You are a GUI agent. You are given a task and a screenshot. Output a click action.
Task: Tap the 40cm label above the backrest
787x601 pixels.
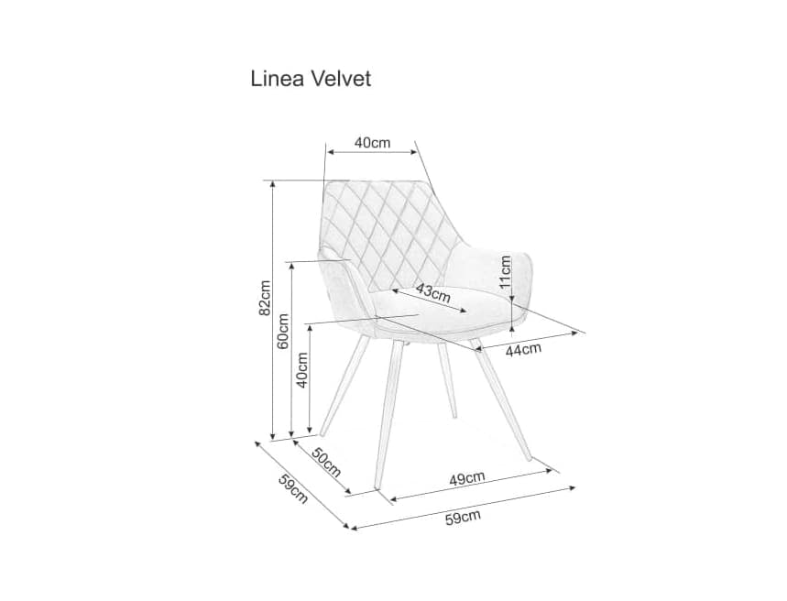(x=373, y=143)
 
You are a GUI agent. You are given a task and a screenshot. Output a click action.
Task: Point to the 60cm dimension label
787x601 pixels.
(x=282, y=332)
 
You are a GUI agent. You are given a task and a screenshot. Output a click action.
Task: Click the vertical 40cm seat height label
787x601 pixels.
(x=301, y=370)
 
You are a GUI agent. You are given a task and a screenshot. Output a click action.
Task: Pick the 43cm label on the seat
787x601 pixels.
(x=432, y=293)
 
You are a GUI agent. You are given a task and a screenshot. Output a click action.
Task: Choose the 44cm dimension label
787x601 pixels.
(x=523, y=348)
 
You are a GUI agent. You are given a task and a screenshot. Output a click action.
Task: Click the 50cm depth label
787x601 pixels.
(x=325, y=464)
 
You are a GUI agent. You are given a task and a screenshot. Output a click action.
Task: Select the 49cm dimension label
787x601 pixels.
(x=467, y=477)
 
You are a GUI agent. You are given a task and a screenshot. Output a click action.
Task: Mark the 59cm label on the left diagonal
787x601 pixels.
(x=292, y=488)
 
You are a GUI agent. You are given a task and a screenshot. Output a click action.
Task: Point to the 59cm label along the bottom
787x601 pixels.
(x=463, y=518)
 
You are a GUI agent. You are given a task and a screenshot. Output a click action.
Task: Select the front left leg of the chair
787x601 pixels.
(x=389, y=412)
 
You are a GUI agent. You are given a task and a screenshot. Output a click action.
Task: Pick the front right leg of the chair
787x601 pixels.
(x=504, y=403)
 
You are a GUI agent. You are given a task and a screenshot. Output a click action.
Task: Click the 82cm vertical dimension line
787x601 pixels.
(x=272, y=366)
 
